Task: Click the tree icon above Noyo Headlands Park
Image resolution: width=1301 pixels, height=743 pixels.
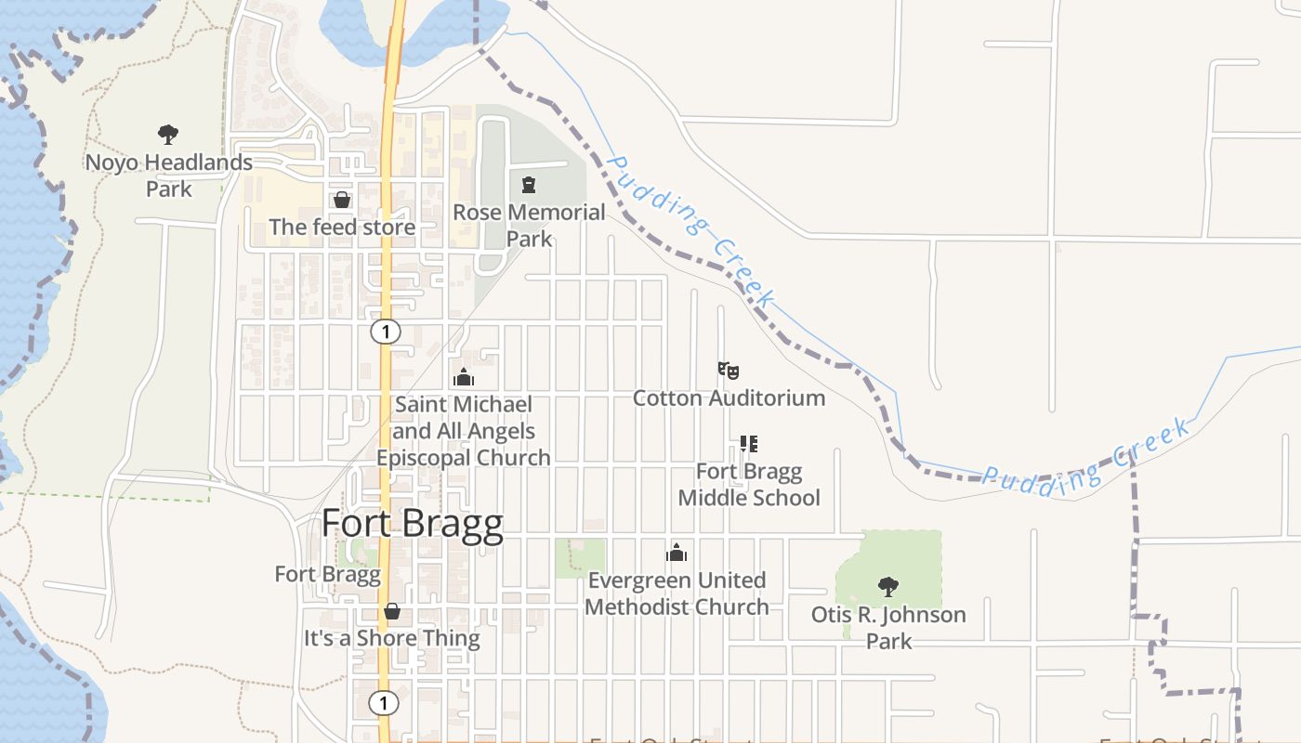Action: pyautogui.click(x=168, y=135)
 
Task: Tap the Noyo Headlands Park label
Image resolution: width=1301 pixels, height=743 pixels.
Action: pyautogui.click(x=169, y=176)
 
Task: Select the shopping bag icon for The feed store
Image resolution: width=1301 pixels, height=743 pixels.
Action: pyautogui.click(x=342, y=200)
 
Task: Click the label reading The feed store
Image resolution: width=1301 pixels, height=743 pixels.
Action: pyautogui.click(x=342, y=227)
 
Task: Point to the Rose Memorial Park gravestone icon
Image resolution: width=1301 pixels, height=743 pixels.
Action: pyautogui.click(x=530, y=185)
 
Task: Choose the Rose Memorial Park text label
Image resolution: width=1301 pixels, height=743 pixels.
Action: pyautogui.click(x=529, y=226)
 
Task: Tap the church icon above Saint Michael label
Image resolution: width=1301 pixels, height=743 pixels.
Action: pyautogui.click(x=463, y=377)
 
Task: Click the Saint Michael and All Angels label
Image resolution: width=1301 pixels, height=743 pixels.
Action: pyautogui.click(x=463, y=431)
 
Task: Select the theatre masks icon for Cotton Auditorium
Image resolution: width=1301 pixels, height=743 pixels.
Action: pyautogui.click(x=729, y=371)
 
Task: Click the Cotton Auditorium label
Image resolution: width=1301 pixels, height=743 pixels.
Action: pyautogui.click(x=729, y=398)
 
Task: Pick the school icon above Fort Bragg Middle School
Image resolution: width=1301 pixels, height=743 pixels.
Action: pyautogui.click(x=748, y=444)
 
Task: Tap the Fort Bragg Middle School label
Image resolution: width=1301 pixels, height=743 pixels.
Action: pyautogui.click(x=749, y=485)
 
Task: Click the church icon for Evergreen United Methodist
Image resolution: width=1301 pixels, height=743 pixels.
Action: pyautogui.click(x=677, y=554)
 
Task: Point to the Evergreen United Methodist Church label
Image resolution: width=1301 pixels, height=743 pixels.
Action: pyautogui.click(x=677, y=593)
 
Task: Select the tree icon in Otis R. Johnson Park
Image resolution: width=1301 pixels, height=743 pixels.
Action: pyautogui.click(x=888, y=587)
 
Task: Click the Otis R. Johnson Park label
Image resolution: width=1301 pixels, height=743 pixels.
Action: pyautogui.click(x=888, y=628)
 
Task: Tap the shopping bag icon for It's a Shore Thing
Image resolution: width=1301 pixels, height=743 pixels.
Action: pyautogui.click(x=392, y=611)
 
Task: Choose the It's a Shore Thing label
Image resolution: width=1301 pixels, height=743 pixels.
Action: pyautogui.click(x=392, y=639)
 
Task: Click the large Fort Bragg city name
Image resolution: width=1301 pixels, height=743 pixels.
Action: pyautogui.click(x=413, y=525)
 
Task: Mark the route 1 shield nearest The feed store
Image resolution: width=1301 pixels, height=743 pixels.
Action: pyautogui.click(x=385, y=332)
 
